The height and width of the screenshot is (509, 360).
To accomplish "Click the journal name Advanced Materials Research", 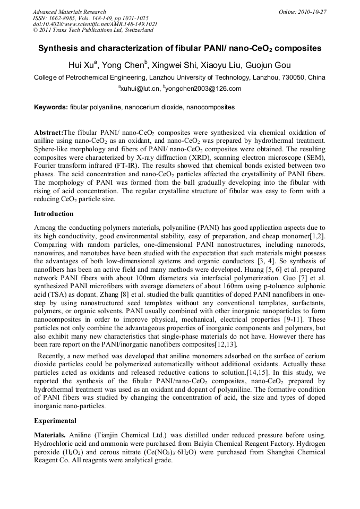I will pos(69,12).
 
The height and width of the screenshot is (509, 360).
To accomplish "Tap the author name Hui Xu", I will pos(83,65).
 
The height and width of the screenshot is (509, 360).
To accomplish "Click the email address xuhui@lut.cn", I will pos(140,89).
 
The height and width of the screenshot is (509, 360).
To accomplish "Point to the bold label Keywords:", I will pos(51,107).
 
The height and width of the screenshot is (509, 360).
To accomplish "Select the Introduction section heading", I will pos(54,214).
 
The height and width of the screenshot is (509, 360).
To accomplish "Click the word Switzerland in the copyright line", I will pos(136,30).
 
